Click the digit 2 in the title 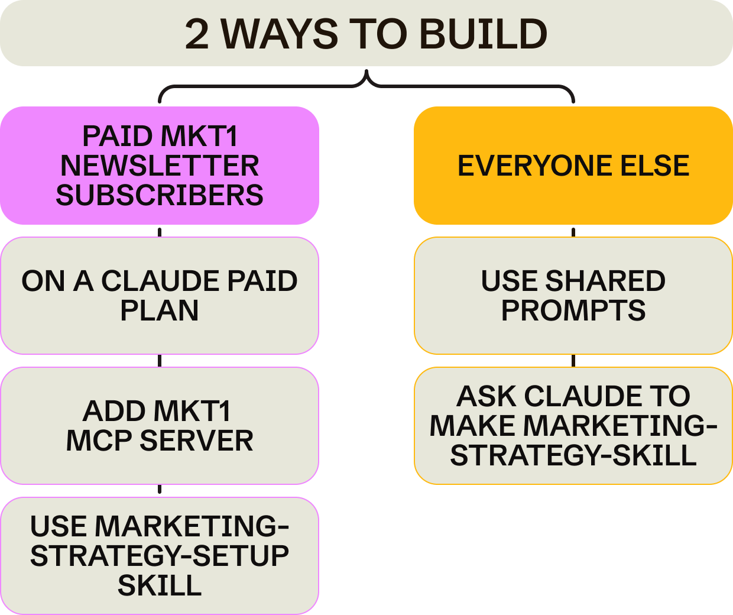point(197,34)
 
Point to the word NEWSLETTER point(160,166)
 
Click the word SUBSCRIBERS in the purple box point(160,196)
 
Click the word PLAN point(160,311)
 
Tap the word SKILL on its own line point(160,586)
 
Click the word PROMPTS point(573,311)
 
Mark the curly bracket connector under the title point(367,83)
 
